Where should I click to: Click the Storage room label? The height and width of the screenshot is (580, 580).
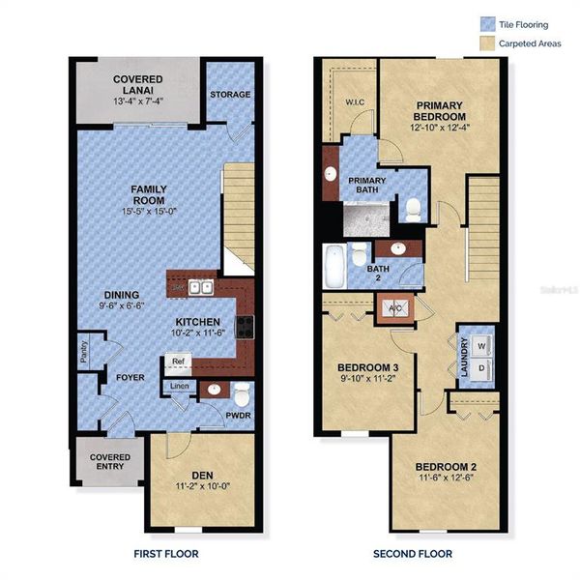pyautogui.click(x=231, y=94)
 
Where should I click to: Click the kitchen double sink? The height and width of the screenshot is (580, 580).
pyautogui.click(x=201, y=287)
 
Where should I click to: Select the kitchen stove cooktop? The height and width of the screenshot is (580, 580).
pyautogui.click(x=246, y=325)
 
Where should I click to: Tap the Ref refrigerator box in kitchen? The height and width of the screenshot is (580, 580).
pyautogui.click(x=178, y=362)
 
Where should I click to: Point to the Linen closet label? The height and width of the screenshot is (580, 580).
pyautogui.click(x=180, y=387)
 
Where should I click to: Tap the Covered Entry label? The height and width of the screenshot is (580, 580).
pyautogui.click(x=109, y=462)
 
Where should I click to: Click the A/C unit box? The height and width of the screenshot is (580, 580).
pyautogui.click(x=395, y=310)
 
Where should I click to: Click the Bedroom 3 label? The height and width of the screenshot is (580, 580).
pyautogui.click(x=368, y=368)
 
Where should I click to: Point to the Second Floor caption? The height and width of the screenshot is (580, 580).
pyautogui.click(x=413, y=554)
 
